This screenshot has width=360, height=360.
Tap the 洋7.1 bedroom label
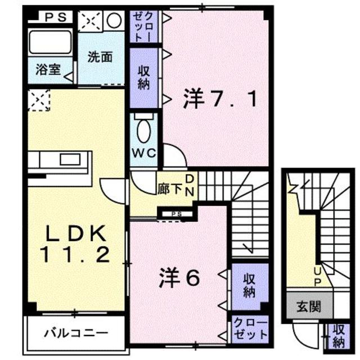pos(220,100)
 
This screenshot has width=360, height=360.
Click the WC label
pos(145,152)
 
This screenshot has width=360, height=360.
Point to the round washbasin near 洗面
pos(114,21)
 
